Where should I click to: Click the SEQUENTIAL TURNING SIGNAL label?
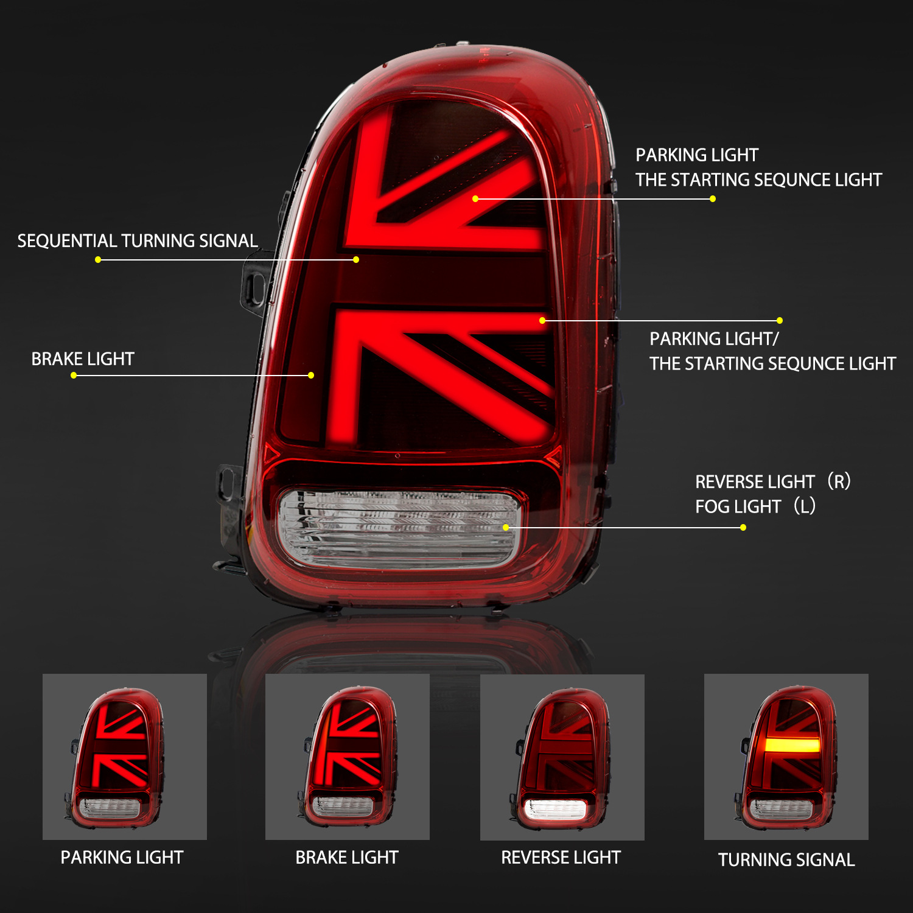[138, 241]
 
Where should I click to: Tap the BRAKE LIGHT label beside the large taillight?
[83, 359]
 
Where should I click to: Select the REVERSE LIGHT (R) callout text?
[772, 481]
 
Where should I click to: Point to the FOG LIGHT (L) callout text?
[755, 506]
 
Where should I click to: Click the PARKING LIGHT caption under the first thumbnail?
[122, 858]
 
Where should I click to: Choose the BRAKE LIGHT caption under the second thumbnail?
[347, 858]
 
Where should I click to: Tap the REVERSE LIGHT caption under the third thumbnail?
[561, 858]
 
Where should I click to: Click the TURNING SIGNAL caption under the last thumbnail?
[786, 860]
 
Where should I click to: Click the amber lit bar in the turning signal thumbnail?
[792, 745]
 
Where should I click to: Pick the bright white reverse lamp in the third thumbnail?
[555, 809]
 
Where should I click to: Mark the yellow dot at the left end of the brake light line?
[74, 376]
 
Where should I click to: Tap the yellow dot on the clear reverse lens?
[506, 528]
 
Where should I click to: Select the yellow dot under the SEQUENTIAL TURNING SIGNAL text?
[98, 260]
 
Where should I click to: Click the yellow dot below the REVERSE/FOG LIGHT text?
[743, 528]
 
